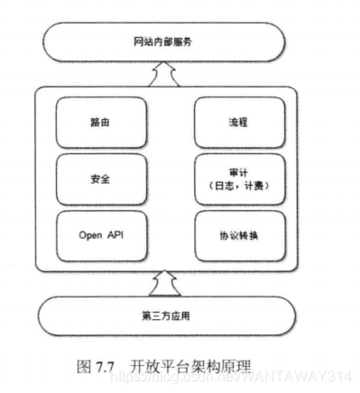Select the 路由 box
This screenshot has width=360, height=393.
click(100, 120)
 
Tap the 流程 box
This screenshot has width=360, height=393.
click(238, 120)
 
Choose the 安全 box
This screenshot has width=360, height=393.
click(100, 178)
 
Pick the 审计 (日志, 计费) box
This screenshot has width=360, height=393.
click(238, 178)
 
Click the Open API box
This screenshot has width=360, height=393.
click(100, 235)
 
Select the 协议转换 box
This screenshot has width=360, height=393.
click(238, 235)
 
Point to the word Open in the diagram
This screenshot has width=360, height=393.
click(89, 235)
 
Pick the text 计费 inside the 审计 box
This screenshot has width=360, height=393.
click(254, 187)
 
